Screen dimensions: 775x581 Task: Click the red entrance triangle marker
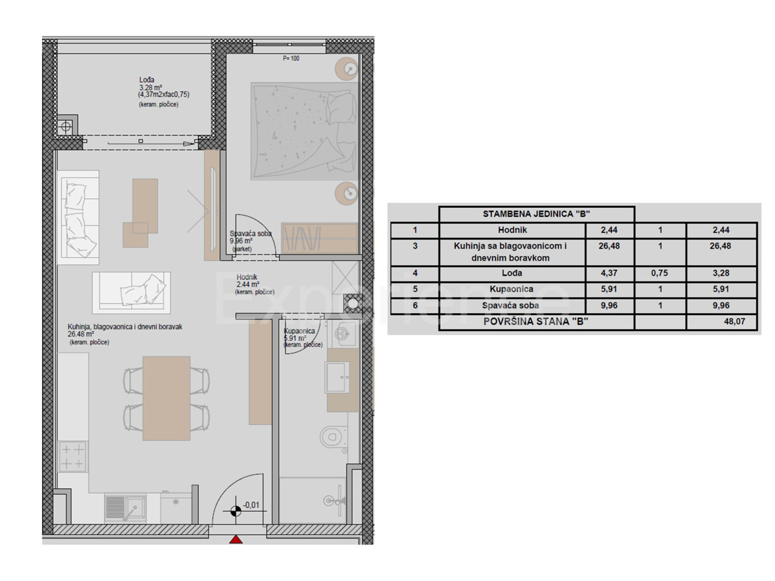click(236, 540)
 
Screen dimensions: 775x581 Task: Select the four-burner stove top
click(72, 456)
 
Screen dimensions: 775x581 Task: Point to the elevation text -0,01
click(251, 505)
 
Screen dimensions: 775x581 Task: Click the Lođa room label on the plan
click(147, 79)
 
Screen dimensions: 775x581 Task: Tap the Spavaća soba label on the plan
click(251, 234)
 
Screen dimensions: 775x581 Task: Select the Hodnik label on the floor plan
click(247, 278)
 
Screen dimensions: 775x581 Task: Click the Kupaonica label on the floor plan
click(299, 331)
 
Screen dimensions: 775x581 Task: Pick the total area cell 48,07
click(734, 321)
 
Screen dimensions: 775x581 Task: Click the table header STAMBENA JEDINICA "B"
click(536, 214)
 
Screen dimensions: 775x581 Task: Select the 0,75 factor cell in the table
click(659, 273)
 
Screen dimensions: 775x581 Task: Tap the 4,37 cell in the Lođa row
click(609, 273)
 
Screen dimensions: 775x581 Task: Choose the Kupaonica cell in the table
click(512, 289)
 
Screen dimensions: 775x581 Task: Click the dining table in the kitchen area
click(166, 398)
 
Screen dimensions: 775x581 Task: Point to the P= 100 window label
click(291, 58)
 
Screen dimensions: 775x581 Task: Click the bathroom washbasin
click(337, 377)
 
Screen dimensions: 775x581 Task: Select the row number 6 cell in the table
click(415, 305)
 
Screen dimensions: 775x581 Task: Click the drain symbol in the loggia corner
click(66, 127)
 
